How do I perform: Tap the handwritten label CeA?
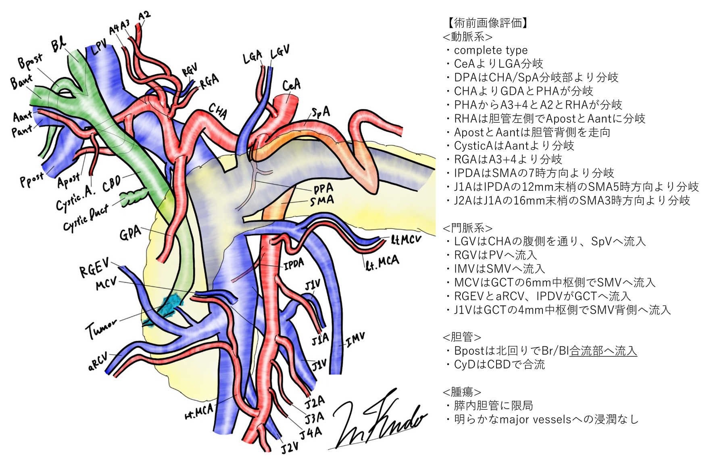pyautogui.click(x=291, y=85)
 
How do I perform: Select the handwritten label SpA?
pyautogui.click(x=321, y=112)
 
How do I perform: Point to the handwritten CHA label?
pyautogui.click(x=218, y=111)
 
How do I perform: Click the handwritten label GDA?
pyautogui.click(x=130, y=233)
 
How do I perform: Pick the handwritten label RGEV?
pyautogui.click(x=94, y=268)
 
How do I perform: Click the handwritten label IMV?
pyautogui.click(x=355, y=339)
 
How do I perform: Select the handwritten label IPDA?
pyautogui.click(x=294, y=264)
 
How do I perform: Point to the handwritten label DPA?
pyautogui.click(x=323, y=188)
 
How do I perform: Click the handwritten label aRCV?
pyautogui.click(x=98, y=361)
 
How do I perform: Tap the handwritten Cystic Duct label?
pyautogui.click(x=85, y=218)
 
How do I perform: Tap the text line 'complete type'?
pyautogui.click(x=490, y=50)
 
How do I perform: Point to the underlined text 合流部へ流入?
pyautogui.click(x=603, y=351)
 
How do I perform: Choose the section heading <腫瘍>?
pyautogui.click(x=462, y=392)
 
